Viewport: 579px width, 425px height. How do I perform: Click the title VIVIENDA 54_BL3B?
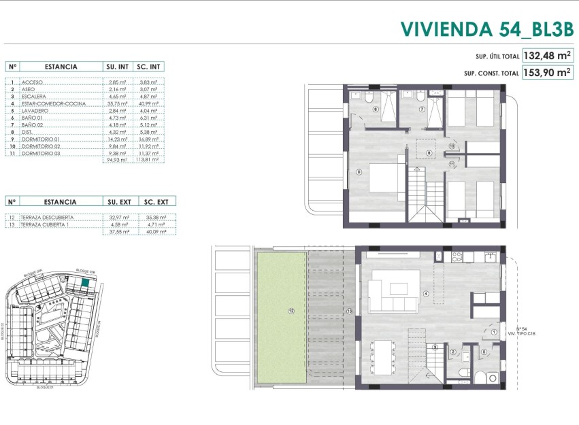coord(486,29)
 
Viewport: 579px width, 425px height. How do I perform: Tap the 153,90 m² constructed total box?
coord(547,73)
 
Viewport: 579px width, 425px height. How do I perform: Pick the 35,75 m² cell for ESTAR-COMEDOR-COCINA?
coord(118,103)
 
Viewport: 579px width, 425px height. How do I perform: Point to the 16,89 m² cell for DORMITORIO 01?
coord(149,139)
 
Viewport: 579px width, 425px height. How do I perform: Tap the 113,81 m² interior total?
coord(149,160)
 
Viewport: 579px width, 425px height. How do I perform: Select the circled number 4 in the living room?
coord(426,294)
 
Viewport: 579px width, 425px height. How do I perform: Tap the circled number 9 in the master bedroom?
coord(359,172)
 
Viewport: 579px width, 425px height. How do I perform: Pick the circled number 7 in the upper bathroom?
coord(422,109)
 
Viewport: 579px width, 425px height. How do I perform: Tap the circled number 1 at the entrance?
coord(493,332)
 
